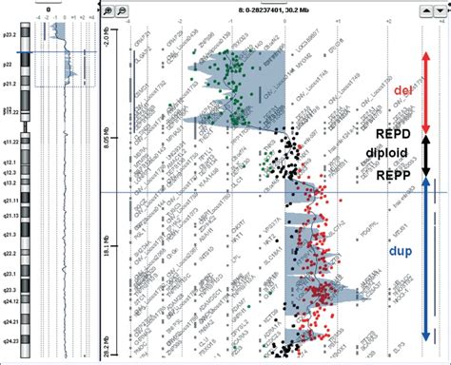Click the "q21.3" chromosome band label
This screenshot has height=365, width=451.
10,233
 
